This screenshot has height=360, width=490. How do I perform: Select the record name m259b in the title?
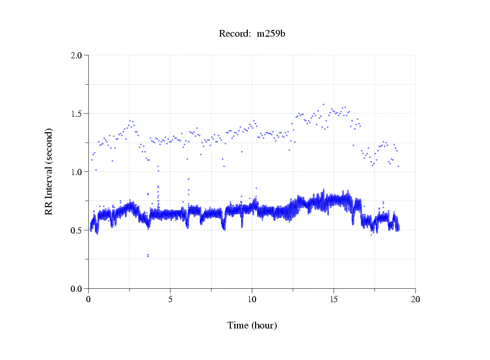click(x=271, y=34)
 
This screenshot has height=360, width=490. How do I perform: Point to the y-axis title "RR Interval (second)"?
click(x=49, y=171)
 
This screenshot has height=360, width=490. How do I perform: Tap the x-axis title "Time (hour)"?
click(x=252, y=325)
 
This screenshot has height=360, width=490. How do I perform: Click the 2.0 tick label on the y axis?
click(x=77, y=55)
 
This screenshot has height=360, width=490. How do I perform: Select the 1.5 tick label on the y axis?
click(x=77, y=114)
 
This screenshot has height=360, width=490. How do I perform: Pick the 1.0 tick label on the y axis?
click(x=77, y=172)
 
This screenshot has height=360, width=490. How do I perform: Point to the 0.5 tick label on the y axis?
click(x=77, y=230)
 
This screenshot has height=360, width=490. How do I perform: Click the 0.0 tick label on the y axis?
click(x=77, y=289)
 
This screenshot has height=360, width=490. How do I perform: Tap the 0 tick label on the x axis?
click(x=89, y=299)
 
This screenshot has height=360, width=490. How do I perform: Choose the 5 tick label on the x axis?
click(x=170, y=299)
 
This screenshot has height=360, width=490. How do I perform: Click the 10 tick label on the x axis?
click(x=252, y=299)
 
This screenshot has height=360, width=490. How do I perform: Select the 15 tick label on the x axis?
click(x=334, y=299)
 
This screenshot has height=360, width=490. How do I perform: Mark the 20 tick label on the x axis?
click(x=415, y=299)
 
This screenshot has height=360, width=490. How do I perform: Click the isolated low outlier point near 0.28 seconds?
click(x=148, y=255)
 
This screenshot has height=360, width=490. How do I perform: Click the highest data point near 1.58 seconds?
click(x=324, y=104)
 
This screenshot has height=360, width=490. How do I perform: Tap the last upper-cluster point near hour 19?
click(x=398, y=166)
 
